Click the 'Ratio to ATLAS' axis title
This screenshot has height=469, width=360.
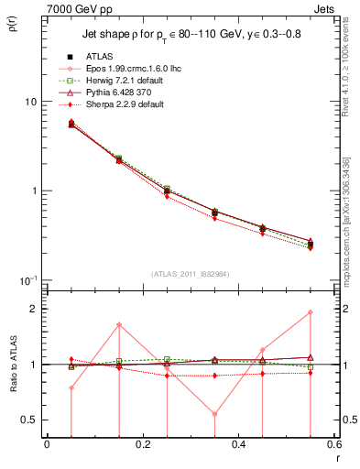point(14,365)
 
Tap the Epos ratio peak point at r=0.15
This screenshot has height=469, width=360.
point(119,325)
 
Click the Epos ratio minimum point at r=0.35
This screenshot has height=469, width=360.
point(214,414)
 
